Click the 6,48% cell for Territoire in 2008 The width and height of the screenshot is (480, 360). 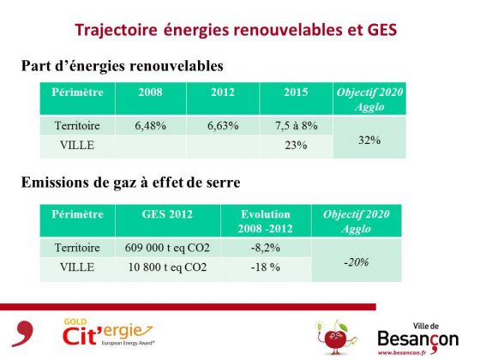[150, 125]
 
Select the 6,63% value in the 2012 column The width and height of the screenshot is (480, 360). [223, 125]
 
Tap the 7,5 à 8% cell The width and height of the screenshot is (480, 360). [296, 125]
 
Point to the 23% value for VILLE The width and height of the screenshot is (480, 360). [296, 145]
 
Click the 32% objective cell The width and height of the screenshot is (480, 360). [369, 141]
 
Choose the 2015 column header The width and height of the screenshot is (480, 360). [296, 93]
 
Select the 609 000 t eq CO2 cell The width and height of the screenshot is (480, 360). [167, 248]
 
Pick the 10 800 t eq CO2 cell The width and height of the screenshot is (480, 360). [167, 267]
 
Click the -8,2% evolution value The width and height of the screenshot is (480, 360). [266, 248]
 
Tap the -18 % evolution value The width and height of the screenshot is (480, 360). [266, 267]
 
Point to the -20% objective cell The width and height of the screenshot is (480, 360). [357, 262]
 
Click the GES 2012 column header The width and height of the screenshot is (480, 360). [167, 214]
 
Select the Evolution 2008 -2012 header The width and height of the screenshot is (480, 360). [266, 221]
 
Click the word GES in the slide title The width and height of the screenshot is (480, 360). [381, 30]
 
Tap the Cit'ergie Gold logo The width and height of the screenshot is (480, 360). [108, 333]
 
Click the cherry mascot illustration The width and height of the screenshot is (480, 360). [336, 337]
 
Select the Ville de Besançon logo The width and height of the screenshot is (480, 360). [418, 339]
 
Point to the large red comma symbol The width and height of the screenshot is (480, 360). [22, 333]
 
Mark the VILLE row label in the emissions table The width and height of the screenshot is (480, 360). [77, 267]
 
